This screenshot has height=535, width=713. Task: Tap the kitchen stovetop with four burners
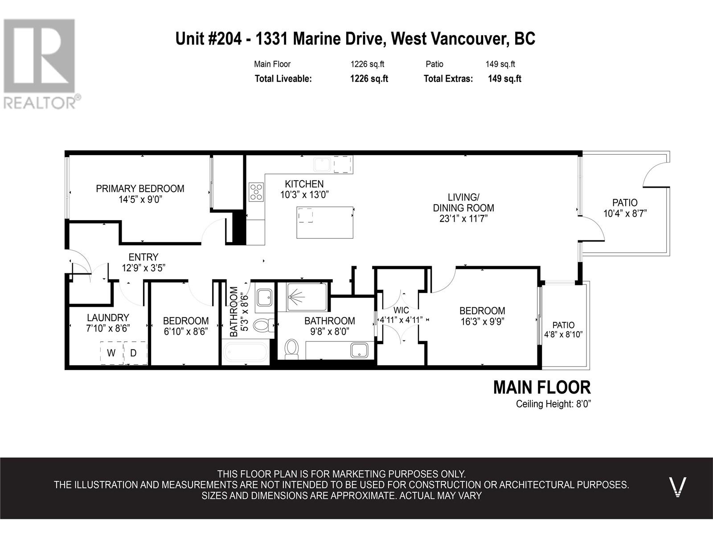tap(256, 192)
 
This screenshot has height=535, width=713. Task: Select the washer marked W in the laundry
tap(111, 353)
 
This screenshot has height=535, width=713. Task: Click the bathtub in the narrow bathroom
tap(246, 352)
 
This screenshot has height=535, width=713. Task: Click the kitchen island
tap(325, 222)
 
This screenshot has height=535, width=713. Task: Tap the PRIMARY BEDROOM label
tap(140, 189)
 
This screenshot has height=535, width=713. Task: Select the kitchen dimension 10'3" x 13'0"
tap(304, 195)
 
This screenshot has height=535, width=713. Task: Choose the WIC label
tap(401, 310)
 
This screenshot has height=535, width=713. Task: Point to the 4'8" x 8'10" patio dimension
tap(563, 334)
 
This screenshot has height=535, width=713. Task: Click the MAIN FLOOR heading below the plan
tap(542, 387)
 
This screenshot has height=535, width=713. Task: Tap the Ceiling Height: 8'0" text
tap(553, 404)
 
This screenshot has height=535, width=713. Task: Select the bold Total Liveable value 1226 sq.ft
tap(369, 78)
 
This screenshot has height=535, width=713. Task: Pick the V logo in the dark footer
tap(678, 487)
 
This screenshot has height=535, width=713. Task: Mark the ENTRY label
tap(143, 257)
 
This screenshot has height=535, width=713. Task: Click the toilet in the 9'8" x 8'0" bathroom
tap(291, 349)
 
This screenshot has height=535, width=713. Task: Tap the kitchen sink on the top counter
tap(322, 165)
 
